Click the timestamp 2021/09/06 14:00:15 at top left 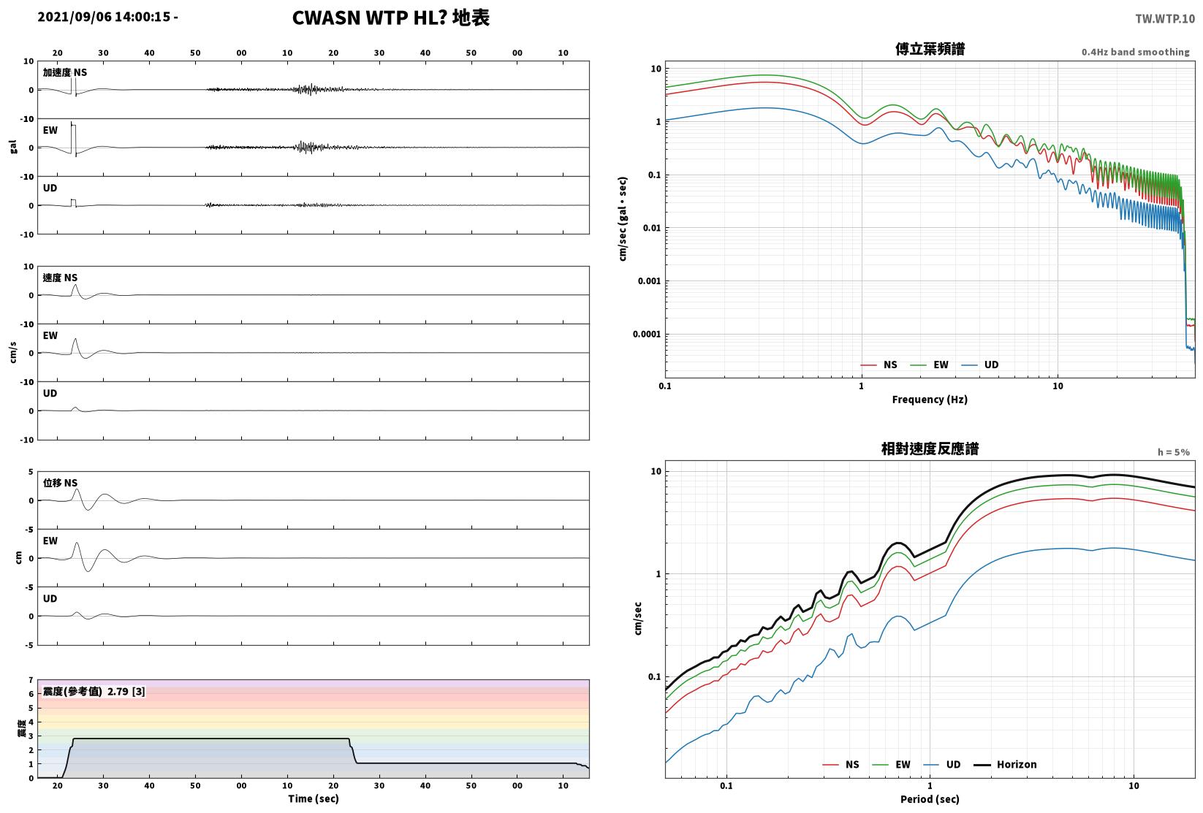(104, 17)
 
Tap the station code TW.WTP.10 (1165, 19)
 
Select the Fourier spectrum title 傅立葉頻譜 (930, 49)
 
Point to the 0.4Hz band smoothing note (1135, 52)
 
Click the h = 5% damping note (1174, 452)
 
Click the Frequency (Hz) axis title (930, 400)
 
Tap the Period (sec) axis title (930, 799)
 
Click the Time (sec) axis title (314, 798)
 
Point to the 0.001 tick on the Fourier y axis (649, 280)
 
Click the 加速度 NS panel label (65, 72)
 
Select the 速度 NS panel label (60, 278)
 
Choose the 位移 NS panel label (60, 483)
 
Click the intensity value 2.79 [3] (126, 691)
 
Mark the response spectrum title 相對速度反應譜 (930, 449)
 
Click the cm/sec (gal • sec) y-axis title (623, 219)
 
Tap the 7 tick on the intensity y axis (31, 680)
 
